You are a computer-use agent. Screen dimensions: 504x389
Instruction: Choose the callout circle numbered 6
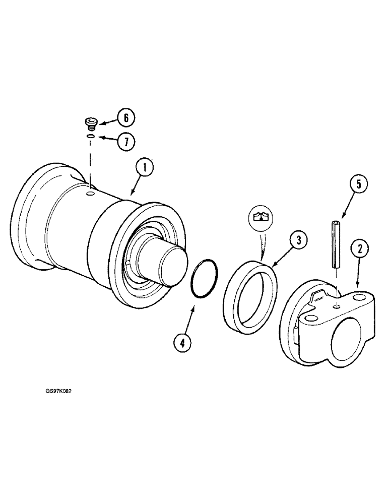tap(126, 118)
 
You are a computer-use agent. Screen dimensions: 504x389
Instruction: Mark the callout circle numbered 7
tap(126, 142)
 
